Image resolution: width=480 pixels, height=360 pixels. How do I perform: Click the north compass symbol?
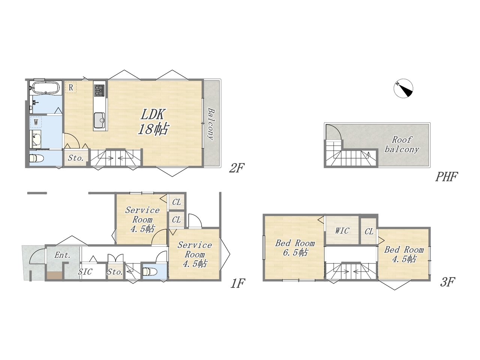(403, 88)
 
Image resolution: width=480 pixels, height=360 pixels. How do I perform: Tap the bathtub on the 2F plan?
(45, 88)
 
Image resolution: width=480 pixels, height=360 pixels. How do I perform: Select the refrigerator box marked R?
(70, 87)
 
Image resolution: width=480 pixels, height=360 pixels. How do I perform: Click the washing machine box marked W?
(36, 122)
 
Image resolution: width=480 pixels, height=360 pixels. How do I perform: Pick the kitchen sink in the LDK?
(100, 120)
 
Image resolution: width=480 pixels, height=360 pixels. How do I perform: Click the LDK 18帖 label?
(153, 122)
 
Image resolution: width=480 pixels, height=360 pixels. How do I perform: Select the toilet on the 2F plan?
(36, 159)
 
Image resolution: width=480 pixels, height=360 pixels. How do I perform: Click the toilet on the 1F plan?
(150, 272)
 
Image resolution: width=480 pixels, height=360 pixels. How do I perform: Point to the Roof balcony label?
(402, 144)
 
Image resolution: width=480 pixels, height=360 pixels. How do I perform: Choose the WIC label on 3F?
(342, 231)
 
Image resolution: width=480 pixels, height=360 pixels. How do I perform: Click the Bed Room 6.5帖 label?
(295, 247)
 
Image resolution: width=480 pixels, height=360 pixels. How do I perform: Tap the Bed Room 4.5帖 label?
(404, 254)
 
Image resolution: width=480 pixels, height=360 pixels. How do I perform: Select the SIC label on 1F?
(85, 272)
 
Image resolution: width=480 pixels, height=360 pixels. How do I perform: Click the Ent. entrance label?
(63, 255)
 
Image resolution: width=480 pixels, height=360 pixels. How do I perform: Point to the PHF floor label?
(446, 177)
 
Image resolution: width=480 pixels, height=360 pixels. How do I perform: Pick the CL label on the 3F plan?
(369, 231)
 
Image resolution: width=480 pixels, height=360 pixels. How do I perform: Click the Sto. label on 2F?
(76, 158)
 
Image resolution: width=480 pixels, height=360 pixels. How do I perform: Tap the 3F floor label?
(447, 282)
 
